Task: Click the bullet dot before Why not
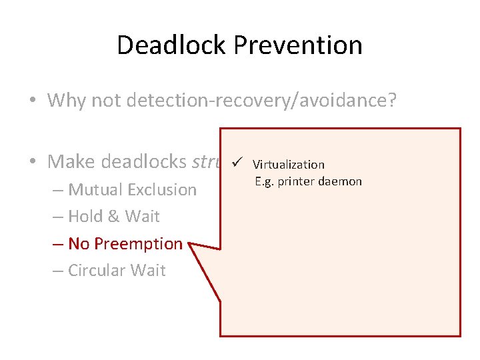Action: pyautogui.click(x=33, y=101)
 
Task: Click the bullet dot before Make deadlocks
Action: pyautogui.click(x=33, y=161)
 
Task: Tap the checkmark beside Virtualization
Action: pyautogui.click(x=238, y=163)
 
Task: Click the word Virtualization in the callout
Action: pyautogui.click(x=288, y=165)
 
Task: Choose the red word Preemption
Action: pyautogui.click(x=138, y=244)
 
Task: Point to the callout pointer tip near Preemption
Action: pyautogui.click(x=190, y=245)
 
